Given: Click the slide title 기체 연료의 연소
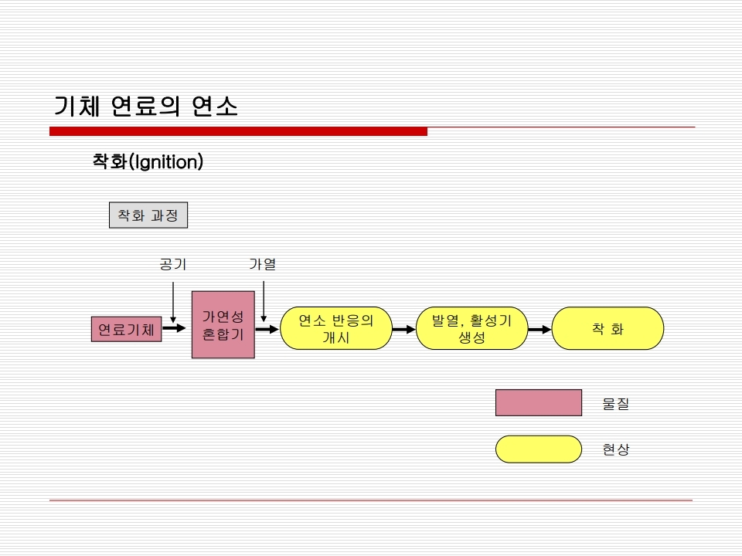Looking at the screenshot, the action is (x=146, y=106).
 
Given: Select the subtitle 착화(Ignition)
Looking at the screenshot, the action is (x=148, y=161).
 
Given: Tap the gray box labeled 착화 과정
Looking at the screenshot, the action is (x=148, y=215).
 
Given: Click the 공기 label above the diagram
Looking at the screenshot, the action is (x=173, y=264).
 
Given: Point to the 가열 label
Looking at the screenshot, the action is (x=263, y=264).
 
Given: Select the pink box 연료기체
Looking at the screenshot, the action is (x=126, y=329).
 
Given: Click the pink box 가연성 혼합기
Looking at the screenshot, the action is (x=223, y=325).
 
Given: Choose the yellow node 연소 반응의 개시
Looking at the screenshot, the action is (x=336, y=329).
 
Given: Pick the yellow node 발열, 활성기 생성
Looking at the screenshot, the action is (x=471, y=329).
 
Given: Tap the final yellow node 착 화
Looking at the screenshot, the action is (x=608, y=329).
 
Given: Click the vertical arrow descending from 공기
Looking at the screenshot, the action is (x=173, y=303).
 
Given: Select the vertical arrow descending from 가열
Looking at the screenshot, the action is (x=264, y=302).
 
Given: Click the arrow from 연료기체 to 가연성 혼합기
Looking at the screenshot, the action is (x=174, y=327).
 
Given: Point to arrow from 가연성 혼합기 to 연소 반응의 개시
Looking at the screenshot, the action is (x=267, y=329).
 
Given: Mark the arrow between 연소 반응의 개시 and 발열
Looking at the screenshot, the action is (x=404, y=329).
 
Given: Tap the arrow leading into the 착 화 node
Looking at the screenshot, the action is (x=540, y=329).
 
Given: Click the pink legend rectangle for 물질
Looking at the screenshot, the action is (x=539, y=403).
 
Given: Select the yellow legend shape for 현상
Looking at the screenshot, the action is (x=539, y=449).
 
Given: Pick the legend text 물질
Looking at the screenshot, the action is (x=616, y=404).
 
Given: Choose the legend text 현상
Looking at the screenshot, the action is (x=616, y=449).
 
